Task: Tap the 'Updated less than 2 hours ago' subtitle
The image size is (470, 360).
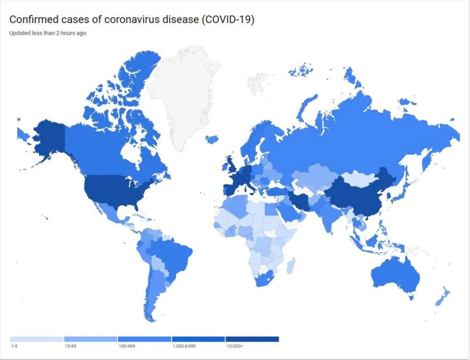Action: pos(47,33)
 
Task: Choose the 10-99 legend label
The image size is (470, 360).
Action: pos(71,346)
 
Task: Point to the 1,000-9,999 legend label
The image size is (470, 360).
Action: pos(184,346)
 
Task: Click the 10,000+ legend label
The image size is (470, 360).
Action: pos(234,346)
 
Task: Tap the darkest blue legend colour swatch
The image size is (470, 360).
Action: pos(252,339)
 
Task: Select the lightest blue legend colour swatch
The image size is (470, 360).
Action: pos(37,339)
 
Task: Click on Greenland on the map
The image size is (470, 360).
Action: pos(184,92)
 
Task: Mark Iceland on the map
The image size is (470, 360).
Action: pos(212,138)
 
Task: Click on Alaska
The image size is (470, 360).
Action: pos(44,138)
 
